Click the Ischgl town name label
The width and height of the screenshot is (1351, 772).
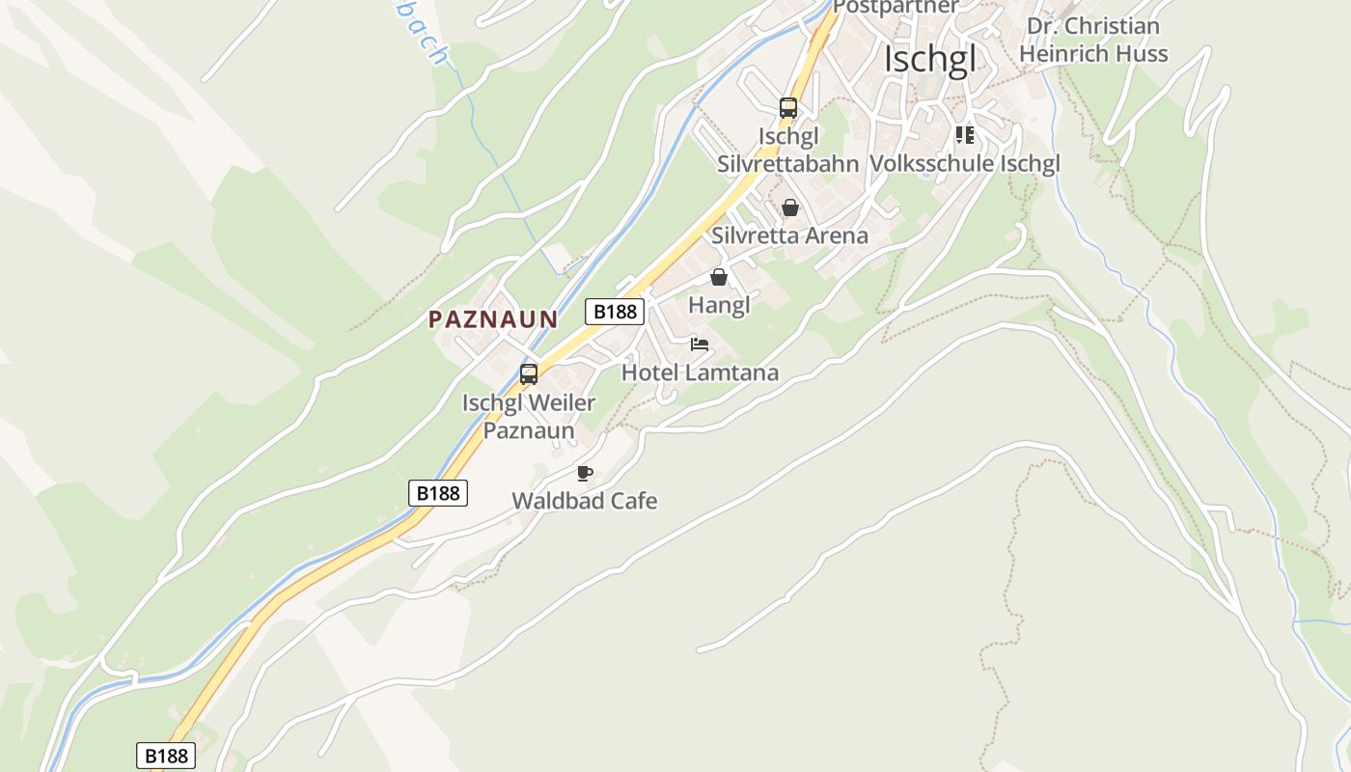point(930,59)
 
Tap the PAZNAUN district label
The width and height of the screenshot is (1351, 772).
point(493,319)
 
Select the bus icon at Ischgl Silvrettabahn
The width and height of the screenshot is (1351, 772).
point(788,108)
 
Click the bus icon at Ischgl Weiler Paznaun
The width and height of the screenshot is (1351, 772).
point(529,374)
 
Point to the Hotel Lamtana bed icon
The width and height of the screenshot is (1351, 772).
point(700,345)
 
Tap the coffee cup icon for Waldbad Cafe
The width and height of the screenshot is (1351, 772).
point(584,473)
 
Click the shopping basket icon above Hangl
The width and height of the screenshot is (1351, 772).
point(719,278)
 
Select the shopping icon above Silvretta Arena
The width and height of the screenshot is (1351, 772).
point(790,207)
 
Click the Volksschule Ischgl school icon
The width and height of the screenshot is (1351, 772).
point(965,135)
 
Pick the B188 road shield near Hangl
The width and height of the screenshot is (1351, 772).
point(615,312)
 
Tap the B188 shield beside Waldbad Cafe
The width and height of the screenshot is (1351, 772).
point(438,493)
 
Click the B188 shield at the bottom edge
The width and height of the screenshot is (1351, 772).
point(166,756)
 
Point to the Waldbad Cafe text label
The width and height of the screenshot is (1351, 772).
point(585,501)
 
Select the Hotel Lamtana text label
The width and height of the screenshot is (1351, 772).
point(700,372)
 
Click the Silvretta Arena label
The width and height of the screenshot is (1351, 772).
point(790,235)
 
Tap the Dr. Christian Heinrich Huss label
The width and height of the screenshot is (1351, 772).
point(1093,40)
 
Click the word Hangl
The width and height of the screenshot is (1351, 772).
point(719,305)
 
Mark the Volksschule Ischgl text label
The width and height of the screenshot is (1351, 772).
point(965,163)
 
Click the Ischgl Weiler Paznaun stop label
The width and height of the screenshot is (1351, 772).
point(529,416)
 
